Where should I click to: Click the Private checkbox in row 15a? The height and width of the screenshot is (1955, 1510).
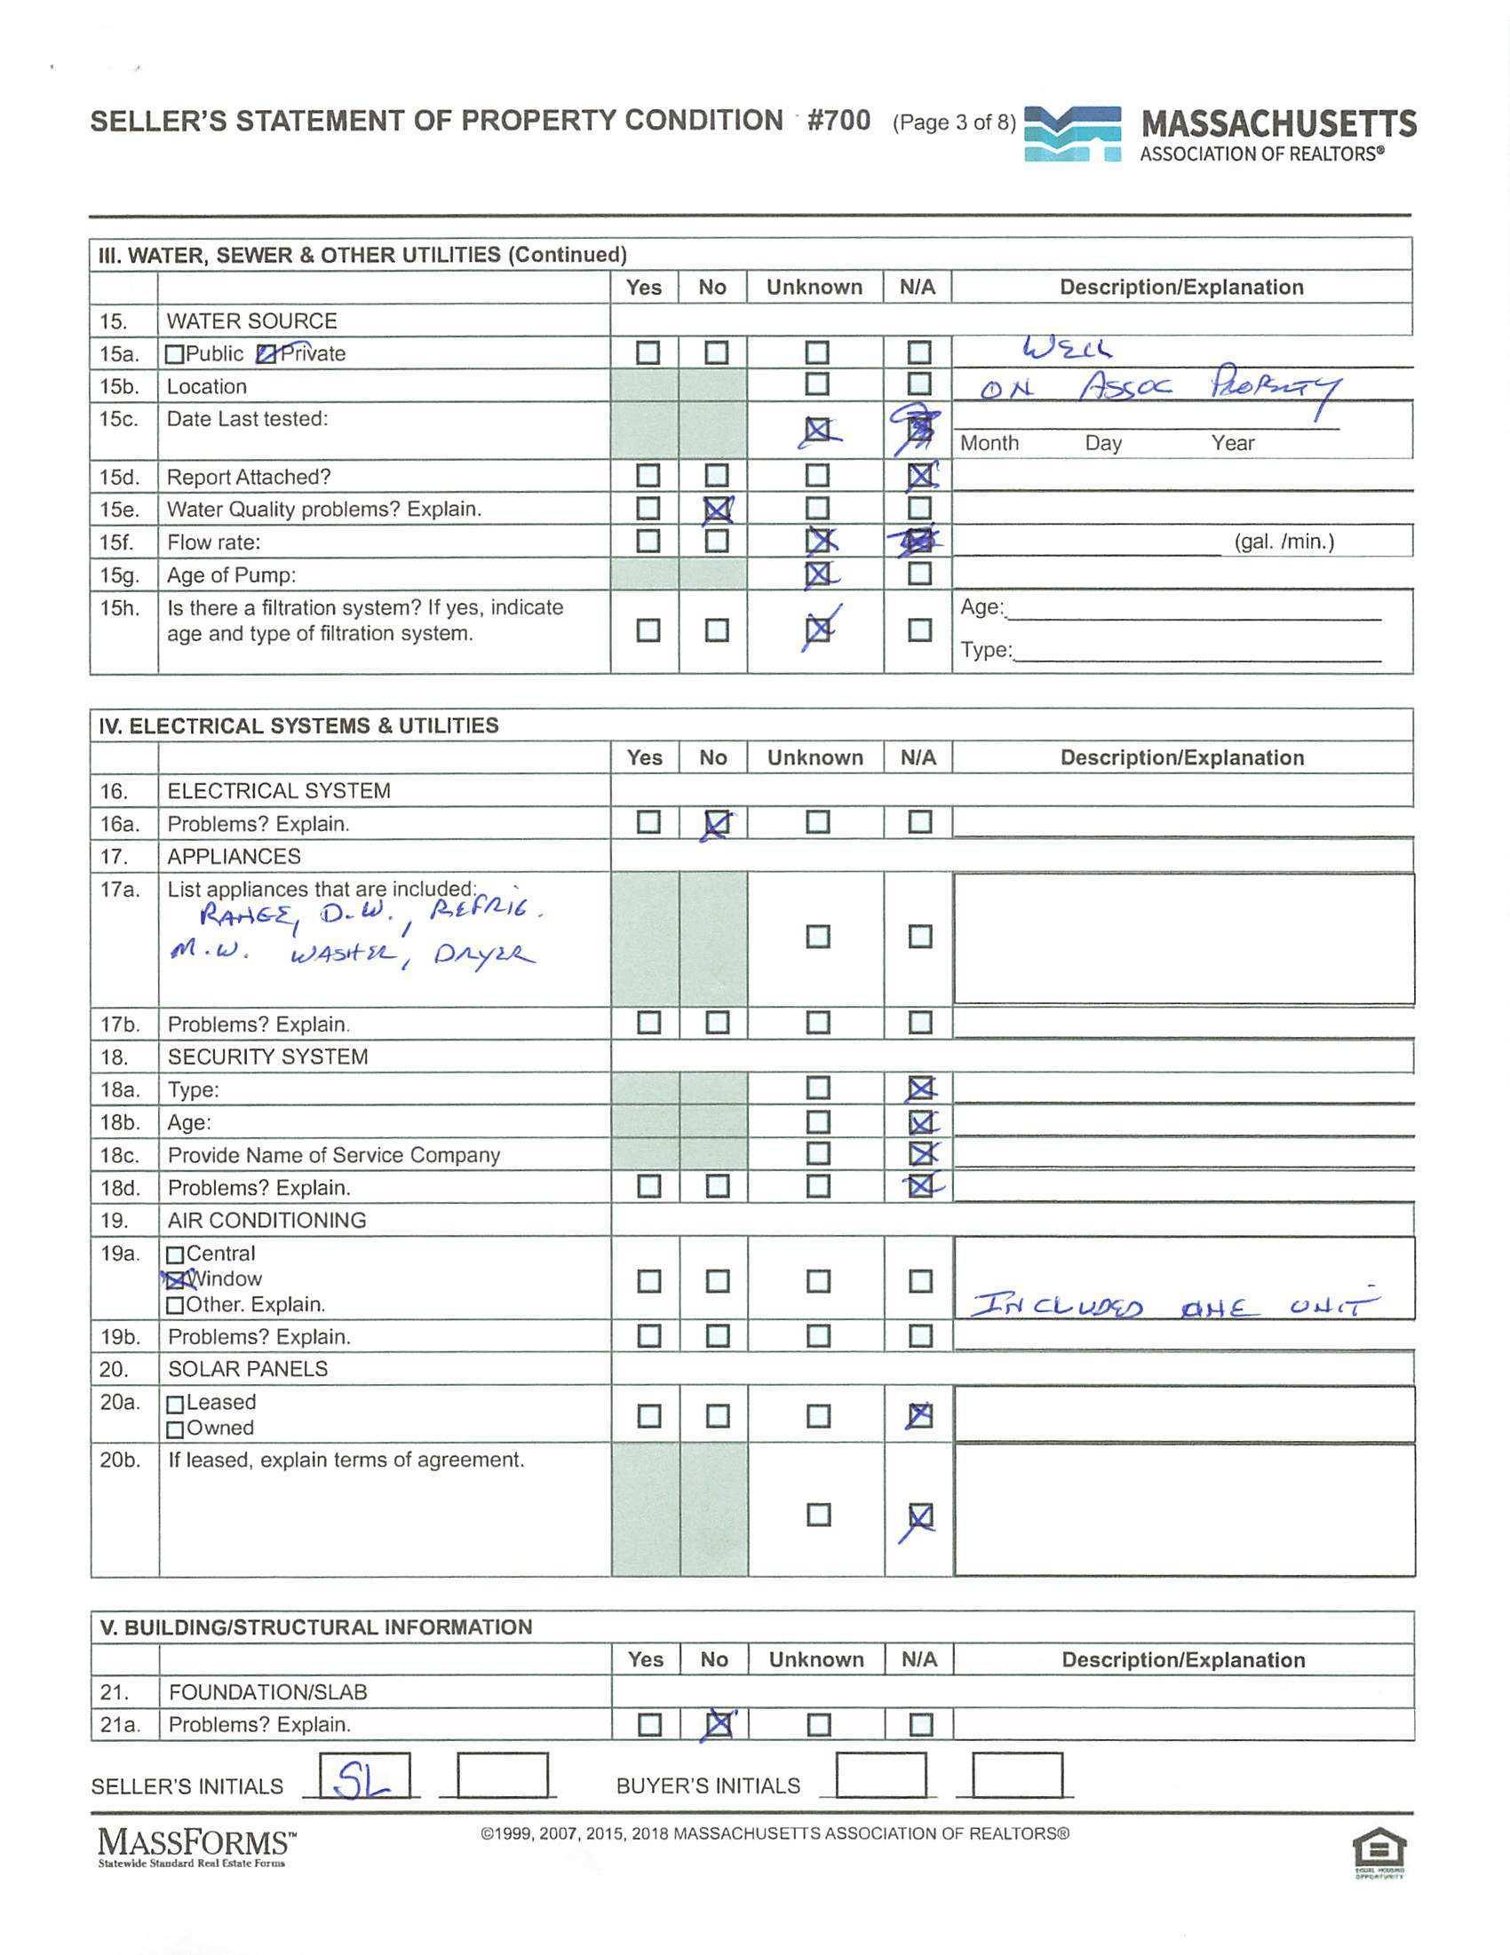[266, 354]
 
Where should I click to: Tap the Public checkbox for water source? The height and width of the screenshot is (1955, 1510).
[176, 354]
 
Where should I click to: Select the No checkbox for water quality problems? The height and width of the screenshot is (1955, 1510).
[716, 510]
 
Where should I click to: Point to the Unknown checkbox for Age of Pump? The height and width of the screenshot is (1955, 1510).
[816, 574]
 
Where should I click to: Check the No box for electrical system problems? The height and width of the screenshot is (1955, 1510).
[717, 823]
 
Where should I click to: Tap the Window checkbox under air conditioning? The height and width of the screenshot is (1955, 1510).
[176, 1280]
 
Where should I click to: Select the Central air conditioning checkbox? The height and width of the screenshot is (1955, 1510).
[176, 1255]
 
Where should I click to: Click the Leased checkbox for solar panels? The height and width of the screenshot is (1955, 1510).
[176, 1405]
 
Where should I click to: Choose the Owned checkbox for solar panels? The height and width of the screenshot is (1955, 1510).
[176, 1429]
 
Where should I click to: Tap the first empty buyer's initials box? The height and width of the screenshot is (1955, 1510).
[879, 1777]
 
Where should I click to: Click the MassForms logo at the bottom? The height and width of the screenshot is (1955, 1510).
[196, 1846]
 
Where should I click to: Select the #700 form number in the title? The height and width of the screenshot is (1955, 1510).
[838, 121]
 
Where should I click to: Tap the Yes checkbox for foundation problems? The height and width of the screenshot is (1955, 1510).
[649, 1724]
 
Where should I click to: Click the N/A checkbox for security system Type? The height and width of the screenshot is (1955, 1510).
[920, 1089]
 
